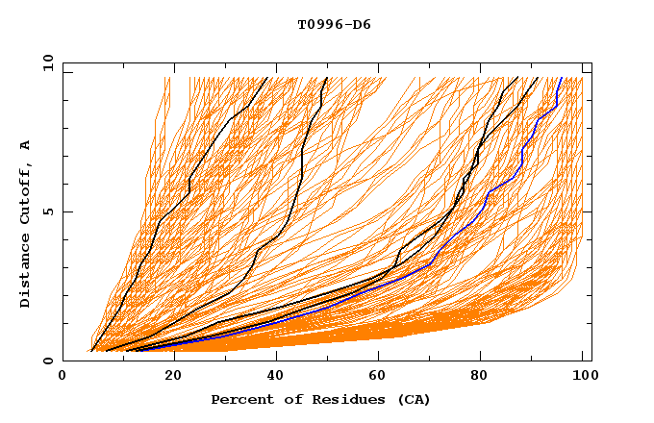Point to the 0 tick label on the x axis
click(x=63, y=378)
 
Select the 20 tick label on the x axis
click(x=166, y=378)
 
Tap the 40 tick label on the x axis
click(x=271, y=378)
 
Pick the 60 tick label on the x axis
click(x=375, y=378)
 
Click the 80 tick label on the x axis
click(x=479, y=378)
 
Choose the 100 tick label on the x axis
click(x=583, y=378)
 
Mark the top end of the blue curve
click(x=562, y=78)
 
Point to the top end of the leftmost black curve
click(x=267, y=78)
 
